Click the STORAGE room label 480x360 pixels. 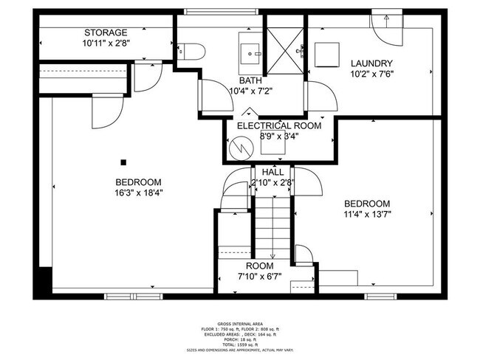106,32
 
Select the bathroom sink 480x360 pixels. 252,51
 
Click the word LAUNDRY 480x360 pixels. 371,63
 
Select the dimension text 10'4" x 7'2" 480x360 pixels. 252,91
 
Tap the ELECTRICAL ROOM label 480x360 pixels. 278,125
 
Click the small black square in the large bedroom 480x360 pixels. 124,162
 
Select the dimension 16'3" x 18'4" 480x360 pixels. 138,193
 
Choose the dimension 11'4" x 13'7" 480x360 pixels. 366,215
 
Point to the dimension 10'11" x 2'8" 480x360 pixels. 106,44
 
